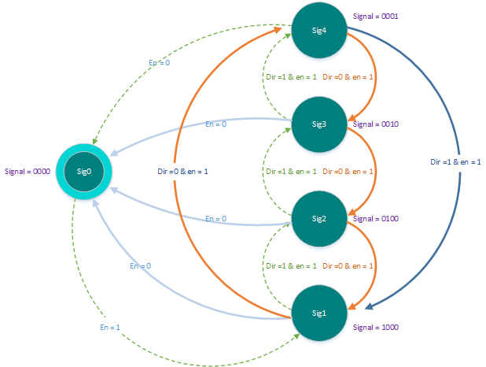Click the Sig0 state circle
pos(84,172)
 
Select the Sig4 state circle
pos(319,30)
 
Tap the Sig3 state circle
pos(319,124)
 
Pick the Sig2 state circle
pos(319,219)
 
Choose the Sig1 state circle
pos(319,313)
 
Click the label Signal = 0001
pos(376,17)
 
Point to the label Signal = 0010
pos(376,124)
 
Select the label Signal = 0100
pos(376,219)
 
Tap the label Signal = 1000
pos(376,328)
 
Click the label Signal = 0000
pos(28,172)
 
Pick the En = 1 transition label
pos(110,328)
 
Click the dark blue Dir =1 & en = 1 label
pos(455,161)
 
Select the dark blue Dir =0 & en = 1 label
pos(182,172)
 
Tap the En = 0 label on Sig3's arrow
pos(216,124)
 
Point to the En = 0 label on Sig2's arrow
pos(216,219)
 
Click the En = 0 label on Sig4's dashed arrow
pos(160,63)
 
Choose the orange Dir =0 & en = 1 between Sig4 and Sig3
pos(348,76)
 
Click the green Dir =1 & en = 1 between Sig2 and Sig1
pos(291,265)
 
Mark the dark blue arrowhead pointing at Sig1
pos(369,306)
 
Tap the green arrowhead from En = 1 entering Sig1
pos(296,336)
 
